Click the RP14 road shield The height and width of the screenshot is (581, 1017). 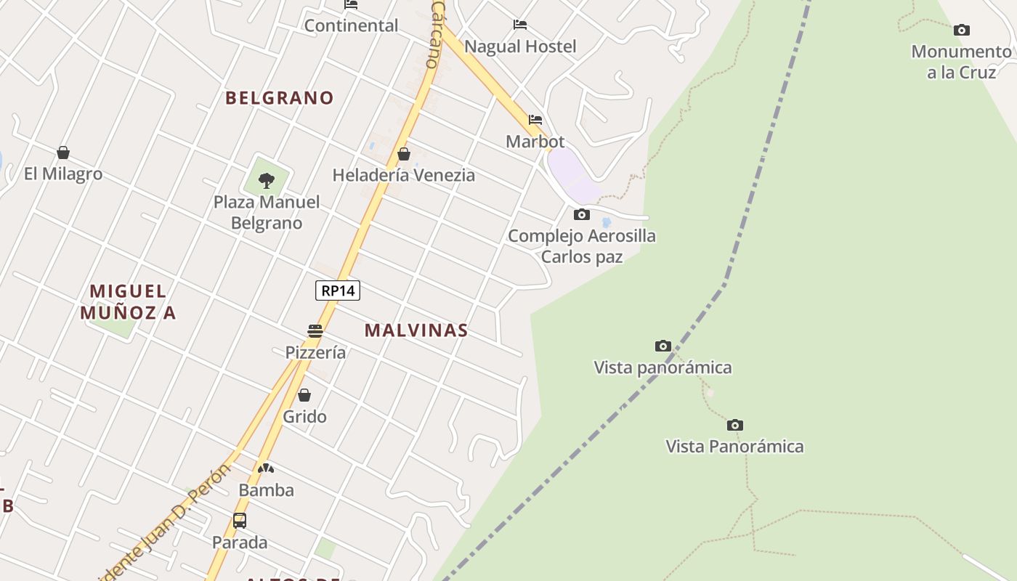[x=338, y=290]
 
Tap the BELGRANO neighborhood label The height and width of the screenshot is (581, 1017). [x=280, y=98]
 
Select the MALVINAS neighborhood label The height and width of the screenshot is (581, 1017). [x=416, y=330]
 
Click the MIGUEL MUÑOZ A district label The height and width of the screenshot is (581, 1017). [x=129, y=302]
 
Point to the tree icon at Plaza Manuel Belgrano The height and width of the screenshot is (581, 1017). [x=267, y=180]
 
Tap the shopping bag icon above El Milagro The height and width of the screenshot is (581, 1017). [x=63, y=153]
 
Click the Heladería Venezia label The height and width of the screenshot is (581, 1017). [x=403, y=175]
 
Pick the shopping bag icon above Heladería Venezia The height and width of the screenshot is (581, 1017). [x=404, y=154]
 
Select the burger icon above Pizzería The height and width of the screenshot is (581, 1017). [x=315, y=331]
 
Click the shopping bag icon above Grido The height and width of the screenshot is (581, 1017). [x=304, y=395]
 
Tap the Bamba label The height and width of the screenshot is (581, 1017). [x=267, y=490]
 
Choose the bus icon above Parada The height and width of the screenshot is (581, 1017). [x=240, y=521]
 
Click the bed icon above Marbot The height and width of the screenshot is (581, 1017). [x=535, y=120]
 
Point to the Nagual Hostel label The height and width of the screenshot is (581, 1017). [x=520, y=46]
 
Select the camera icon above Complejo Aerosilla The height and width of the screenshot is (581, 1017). [x=582, y=214]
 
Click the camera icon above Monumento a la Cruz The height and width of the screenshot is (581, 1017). [x=962, y=30]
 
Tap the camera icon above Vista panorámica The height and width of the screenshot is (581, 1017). [x=663, y=346]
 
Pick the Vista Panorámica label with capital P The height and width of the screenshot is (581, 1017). [x=734, y=446]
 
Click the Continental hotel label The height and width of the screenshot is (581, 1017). [x=351, y=25]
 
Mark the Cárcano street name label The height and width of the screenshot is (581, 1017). [x=436, y=34]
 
